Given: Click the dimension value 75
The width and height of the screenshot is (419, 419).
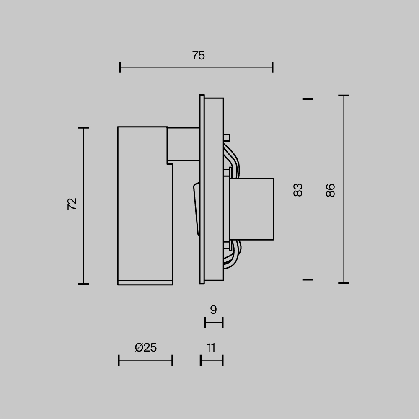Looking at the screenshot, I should point(199,55).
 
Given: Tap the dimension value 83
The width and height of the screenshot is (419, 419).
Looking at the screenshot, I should point(297,190).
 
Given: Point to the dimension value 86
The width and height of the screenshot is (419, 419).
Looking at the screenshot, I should point(331,190).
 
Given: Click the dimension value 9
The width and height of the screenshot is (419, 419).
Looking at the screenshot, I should point(213,310).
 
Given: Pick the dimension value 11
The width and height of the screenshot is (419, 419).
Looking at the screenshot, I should point(211,347).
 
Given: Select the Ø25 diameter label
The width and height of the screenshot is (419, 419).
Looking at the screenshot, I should point(146,347).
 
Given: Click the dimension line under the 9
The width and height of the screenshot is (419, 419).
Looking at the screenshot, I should point(214,323).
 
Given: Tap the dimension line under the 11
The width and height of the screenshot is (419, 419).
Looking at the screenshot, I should point(212,360).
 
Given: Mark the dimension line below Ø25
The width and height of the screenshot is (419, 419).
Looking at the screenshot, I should point(145,360).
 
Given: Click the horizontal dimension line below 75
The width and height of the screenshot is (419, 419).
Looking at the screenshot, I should point(196,67).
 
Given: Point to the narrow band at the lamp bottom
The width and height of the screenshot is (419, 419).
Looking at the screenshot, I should point(145,282).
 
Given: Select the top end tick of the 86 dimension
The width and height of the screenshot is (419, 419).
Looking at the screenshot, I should point(344,96).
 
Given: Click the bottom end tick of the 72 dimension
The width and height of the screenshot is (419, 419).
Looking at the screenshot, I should point(84,284).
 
